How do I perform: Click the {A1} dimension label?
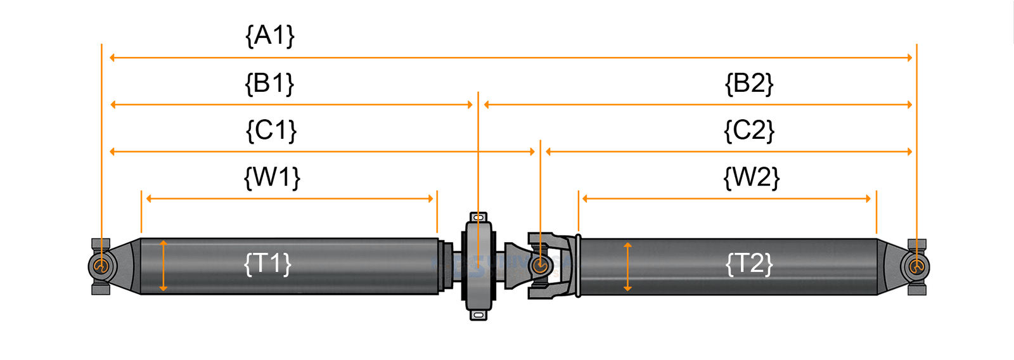(x=270, y=35)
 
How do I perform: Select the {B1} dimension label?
(x=269, y=84)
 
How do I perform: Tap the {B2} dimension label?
(x=749, y=84)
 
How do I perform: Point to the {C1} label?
(x=271, y=131)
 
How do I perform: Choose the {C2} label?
(x=749, y=131)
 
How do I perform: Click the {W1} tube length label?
(x=272, y=177)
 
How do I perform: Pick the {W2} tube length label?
(x=751, y=177)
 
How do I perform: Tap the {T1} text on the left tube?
(x=267, y=263)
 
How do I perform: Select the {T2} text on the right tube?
(x=749, y=263)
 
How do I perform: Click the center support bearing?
(x=478, y=266)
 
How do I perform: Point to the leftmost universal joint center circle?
(x=100, y=266)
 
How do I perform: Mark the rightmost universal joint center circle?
(x=916, y=267)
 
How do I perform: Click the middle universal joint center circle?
(x=540, y=266)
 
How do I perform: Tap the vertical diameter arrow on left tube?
(x=164, y=266)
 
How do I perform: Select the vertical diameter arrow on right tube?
(x=627, y=267)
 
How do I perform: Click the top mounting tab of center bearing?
(x=478, y=217)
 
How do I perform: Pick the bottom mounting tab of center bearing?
(x=478, y=314)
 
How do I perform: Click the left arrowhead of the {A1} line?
(x=113, y=58)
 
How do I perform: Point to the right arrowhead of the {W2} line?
(x=868, y=198)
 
